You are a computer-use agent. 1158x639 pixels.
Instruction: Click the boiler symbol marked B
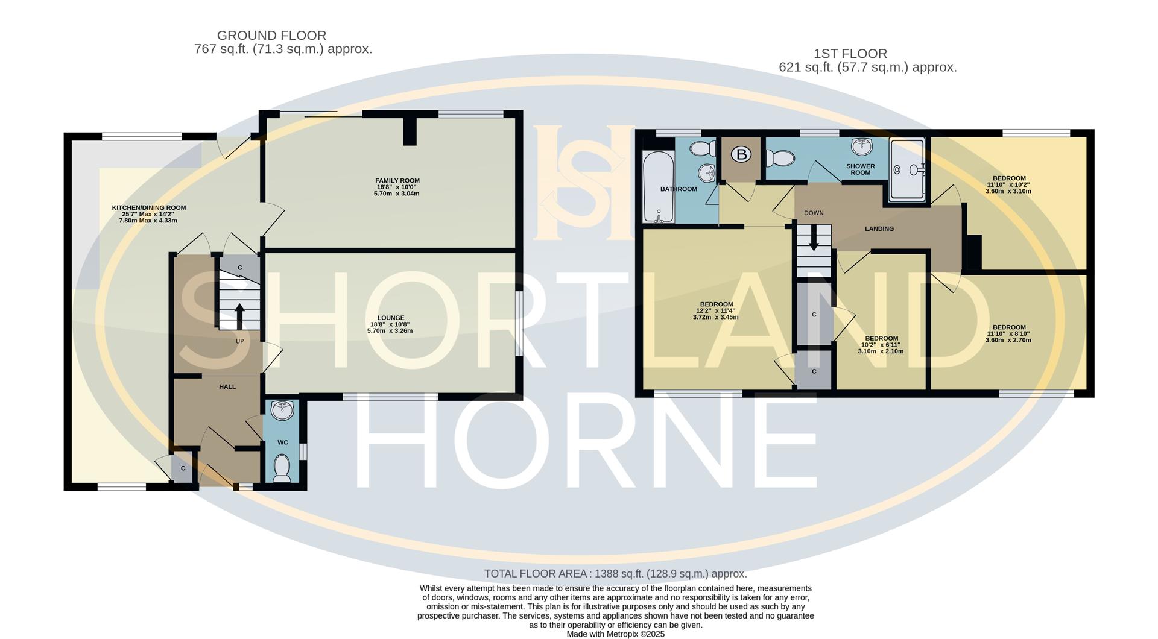(742, 154)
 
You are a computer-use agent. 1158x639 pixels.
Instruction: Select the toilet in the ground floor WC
(282, 468)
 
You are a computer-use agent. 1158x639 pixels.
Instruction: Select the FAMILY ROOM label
(397, 181)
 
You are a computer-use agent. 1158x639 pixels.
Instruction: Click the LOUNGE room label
(390, 318)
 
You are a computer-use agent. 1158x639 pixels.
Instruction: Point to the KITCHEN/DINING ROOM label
(149, 208)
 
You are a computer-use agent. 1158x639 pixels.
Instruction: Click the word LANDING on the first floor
(879, 229)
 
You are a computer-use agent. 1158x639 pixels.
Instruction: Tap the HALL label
(227, 387)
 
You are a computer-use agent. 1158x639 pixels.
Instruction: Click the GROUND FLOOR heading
(271, 36)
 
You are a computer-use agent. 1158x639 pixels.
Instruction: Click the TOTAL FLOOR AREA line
(615, 574)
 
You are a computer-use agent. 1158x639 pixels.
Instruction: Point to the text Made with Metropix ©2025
(615, 634)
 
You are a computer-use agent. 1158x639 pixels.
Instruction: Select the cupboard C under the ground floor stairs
(239, 268)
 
